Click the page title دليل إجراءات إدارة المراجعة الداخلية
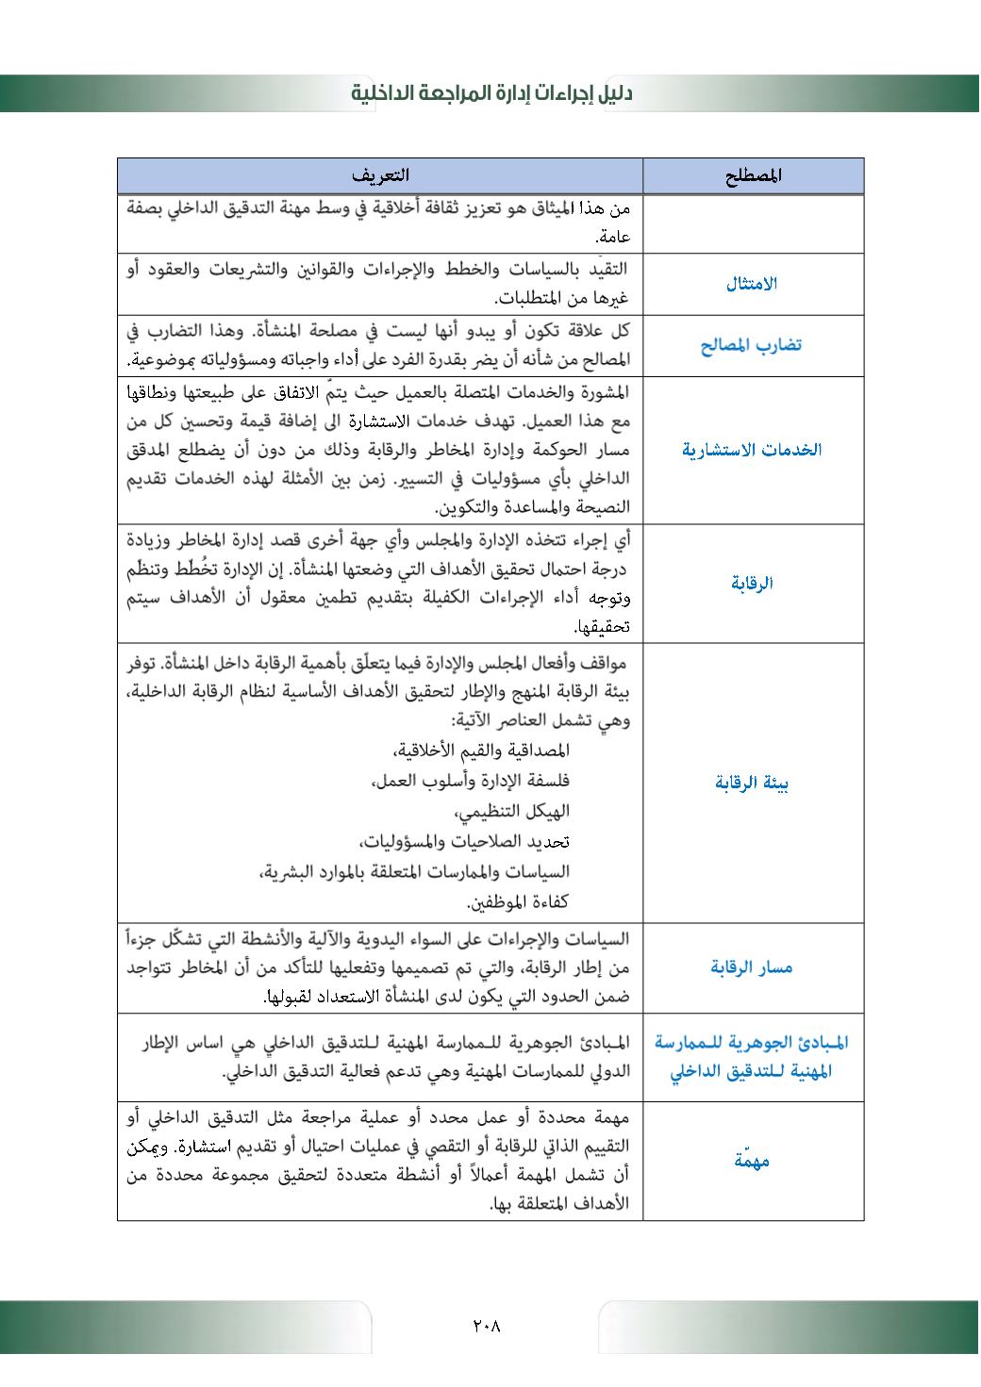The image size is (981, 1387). click(x=490, y=93)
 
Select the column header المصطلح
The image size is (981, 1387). click(x=755, y=175)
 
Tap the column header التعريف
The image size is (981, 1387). click(x=380, y=175)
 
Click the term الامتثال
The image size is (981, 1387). click(x=752, y=284)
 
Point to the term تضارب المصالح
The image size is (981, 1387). click(x=751, y=345)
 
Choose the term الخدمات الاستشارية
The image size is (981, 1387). click(x=751, y=450)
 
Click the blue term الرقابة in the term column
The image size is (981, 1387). click(x=752, y=583)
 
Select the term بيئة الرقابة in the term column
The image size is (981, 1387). click(x=752, y=783)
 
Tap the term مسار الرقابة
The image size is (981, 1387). click(x=752, y=967)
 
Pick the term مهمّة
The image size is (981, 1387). click(x=752, y=1161)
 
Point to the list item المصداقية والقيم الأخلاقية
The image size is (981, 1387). click(x=481, y=751)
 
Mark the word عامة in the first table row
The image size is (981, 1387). click(x=612, y=238)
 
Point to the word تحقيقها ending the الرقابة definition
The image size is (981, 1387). click(x=603, y=627)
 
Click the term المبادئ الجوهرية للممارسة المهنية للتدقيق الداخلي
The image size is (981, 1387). click(x=752, y=1057)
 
